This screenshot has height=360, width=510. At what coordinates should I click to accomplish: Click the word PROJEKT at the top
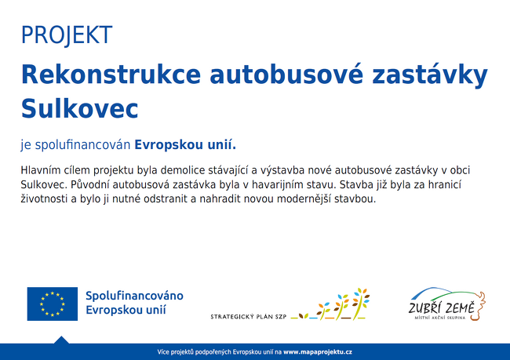[x=67, y=35]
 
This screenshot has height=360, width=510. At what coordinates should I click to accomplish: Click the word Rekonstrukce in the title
[x=111, y=75]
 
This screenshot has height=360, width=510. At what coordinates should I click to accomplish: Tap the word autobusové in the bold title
[x=286, y=75]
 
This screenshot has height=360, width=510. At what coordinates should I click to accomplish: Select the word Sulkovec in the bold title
[x=80, y=108]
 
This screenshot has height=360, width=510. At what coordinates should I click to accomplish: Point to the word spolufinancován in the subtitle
[x=82, y=145]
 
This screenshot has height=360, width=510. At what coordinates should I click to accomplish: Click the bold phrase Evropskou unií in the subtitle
[x=185, y=145]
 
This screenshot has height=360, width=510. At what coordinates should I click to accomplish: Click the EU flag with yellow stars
[x=53, y=304]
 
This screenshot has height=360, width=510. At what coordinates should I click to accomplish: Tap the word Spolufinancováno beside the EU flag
[x=134, y=296]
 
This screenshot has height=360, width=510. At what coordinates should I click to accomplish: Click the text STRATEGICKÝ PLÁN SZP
[x=249, y=316]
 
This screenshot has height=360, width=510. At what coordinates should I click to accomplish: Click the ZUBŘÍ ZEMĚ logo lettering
[x=442, y=307]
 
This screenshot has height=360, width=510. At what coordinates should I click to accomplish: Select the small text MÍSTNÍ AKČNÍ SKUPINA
[x=440, y=318]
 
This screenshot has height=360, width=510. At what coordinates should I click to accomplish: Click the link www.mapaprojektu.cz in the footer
[x=318, y=352]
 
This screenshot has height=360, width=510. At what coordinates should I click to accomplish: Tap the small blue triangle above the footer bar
[x=61, y=340]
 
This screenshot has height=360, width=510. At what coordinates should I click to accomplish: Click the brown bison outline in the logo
[x=478, y=306]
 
